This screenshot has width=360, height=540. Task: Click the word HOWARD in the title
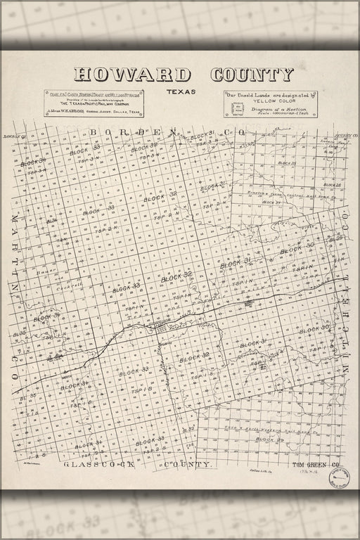pyautogui.click(x=132, y=75)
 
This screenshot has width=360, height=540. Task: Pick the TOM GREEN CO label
pyautogui.click(x=316, y=465)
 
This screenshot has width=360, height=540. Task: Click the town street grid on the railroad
pyautogui.click(x=162, y=328)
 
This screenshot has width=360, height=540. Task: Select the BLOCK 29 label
pyautogui.click(x=264, y=439)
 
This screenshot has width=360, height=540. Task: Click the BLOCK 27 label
pyautogui.click(x=271, y=202)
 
